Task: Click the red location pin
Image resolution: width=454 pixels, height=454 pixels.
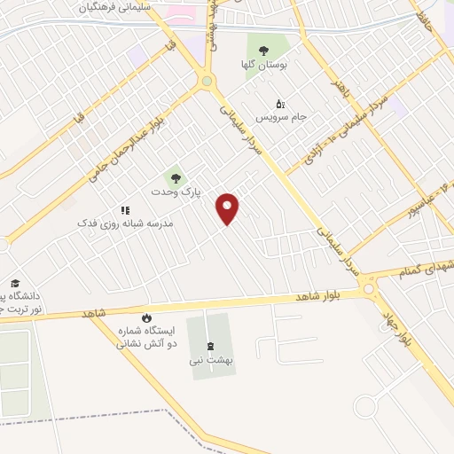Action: point(228,208)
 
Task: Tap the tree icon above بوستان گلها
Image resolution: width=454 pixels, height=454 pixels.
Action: point(262,50)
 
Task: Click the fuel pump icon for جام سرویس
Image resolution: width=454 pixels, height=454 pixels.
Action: point(280,103)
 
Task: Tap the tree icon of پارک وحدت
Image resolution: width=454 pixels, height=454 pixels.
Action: point(175,177)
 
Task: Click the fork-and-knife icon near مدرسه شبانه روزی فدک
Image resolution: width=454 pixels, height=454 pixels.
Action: point(125,210)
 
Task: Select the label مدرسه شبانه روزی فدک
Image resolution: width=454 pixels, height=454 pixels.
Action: point(137,224)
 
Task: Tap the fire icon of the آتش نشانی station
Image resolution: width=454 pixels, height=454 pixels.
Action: point(146,317)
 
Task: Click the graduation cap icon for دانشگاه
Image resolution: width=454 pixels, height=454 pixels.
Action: point(15,283)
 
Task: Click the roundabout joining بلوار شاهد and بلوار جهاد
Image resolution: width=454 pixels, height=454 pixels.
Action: point(369,288)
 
